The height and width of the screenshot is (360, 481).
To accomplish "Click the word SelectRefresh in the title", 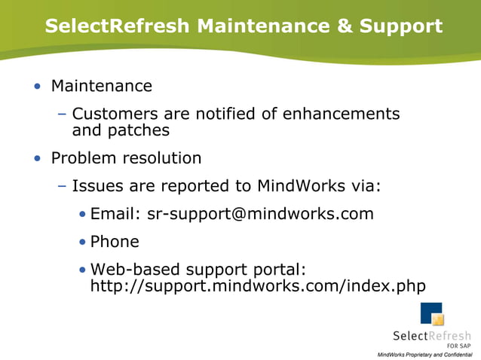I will coord(117,26).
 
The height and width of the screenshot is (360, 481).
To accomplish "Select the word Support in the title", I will coord(400,26).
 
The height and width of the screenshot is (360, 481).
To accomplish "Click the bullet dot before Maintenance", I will coord(38,87).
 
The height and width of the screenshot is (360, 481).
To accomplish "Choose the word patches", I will coord(143,130).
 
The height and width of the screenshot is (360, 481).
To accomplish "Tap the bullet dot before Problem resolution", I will coord(38,159).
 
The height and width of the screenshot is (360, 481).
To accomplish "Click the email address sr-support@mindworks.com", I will coord(260,214).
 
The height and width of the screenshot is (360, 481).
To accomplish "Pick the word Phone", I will coord(115,242).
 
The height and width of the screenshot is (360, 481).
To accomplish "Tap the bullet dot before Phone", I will coord(82,243).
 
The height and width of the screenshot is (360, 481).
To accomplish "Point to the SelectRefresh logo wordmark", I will coord(432,336).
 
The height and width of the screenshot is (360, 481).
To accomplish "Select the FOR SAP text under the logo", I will coord(458,346).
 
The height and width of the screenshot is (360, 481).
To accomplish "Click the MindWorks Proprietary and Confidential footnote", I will coord(424,354).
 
